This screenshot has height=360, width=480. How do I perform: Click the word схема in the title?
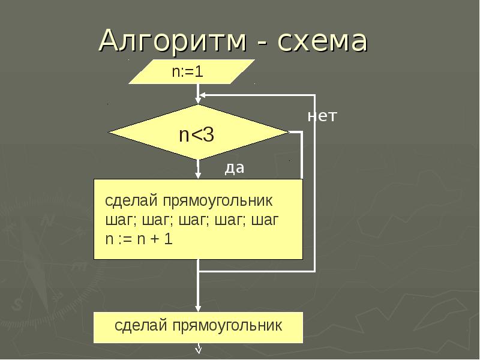(x=322, y=41)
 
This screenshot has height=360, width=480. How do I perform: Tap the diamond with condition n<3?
(x=198, y=133)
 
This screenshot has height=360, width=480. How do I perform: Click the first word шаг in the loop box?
(x=117, y=220)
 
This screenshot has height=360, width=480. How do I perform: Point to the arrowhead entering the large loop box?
(x=198, y=175)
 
